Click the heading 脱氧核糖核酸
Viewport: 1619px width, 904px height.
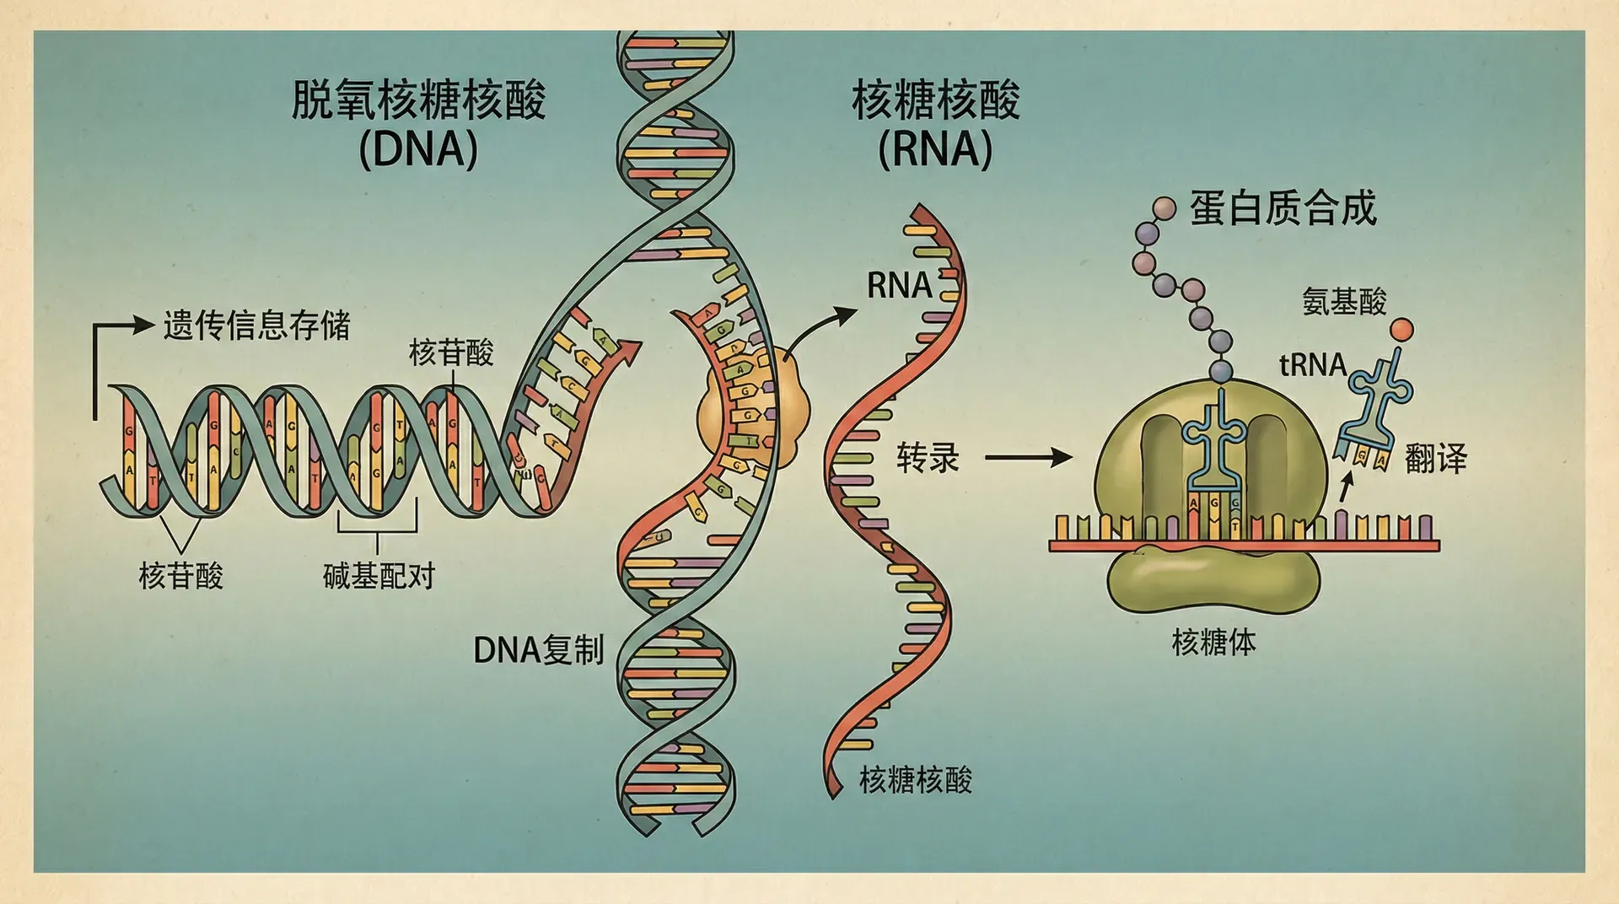[x=418, y=100]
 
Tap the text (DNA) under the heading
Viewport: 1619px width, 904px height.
[x=418, y=150]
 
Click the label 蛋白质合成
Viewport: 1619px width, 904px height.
[x=1283, y=208]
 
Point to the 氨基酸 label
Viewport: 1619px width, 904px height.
[x=1344, y=301]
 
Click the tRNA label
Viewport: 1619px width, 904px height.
[x=1313, y=365]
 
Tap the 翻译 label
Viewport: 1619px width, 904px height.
[x=1435, y=460]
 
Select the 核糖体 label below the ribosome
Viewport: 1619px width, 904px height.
[x=1213, y=643]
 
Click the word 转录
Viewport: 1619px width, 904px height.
[x=928, y=458]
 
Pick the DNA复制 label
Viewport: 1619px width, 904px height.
[x=539, y=650]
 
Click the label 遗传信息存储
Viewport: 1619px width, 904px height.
[x=256, y=326]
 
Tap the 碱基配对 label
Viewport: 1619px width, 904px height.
[x=379, y=576]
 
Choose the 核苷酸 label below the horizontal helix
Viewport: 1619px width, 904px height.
[x=180, y=576]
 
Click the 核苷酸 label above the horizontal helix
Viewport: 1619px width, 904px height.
[x=451, y=352]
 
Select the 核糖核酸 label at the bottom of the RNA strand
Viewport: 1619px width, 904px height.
[x=915, y=780]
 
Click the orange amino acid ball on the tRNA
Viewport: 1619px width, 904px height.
[x=1401, y=330]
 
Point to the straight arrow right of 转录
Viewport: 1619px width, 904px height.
[x=1029, y=459]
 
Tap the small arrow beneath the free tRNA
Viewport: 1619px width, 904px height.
[x=1346, y=487]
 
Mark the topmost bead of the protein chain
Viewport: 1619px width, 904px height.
[x=1164, y=207]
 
